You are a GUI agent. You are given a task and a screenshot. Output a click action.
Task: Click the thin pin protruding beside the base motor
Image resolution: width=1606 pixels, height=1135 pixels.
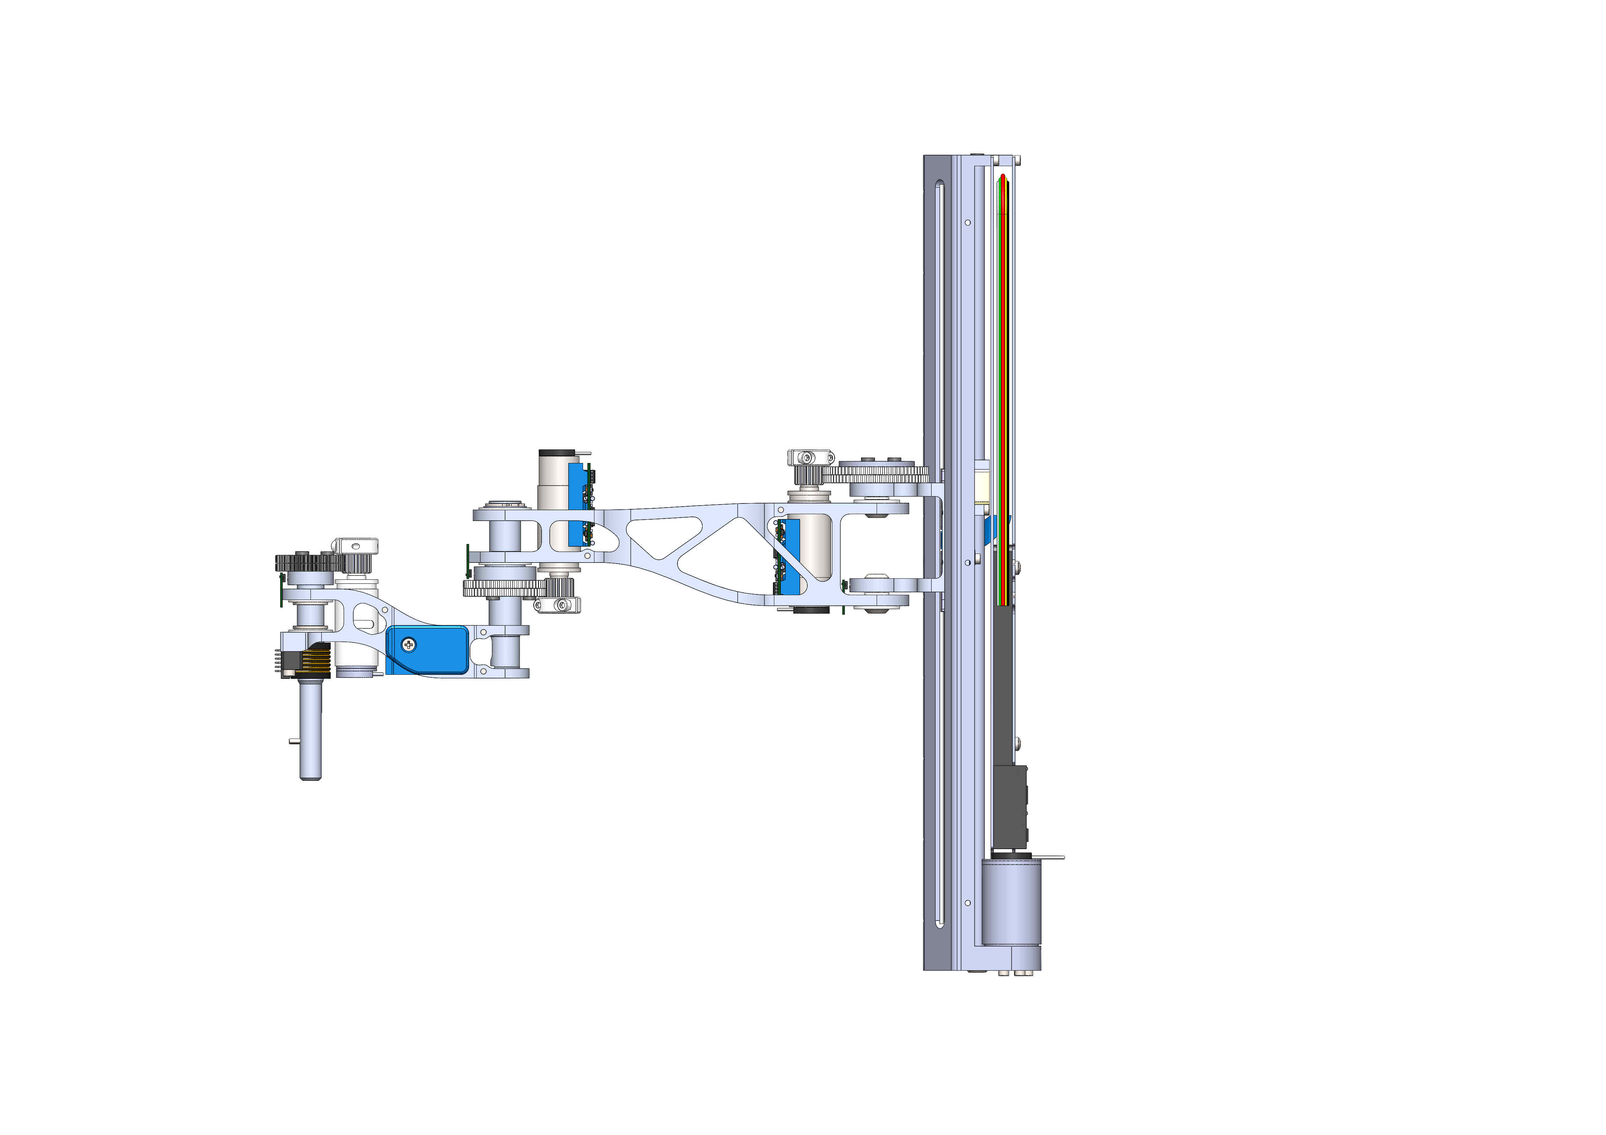tap(1053, 857)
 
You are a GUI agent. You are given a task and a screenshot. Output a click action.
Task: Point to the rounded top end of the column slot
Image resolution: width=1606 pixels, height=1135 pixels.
tap(939, 185)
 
